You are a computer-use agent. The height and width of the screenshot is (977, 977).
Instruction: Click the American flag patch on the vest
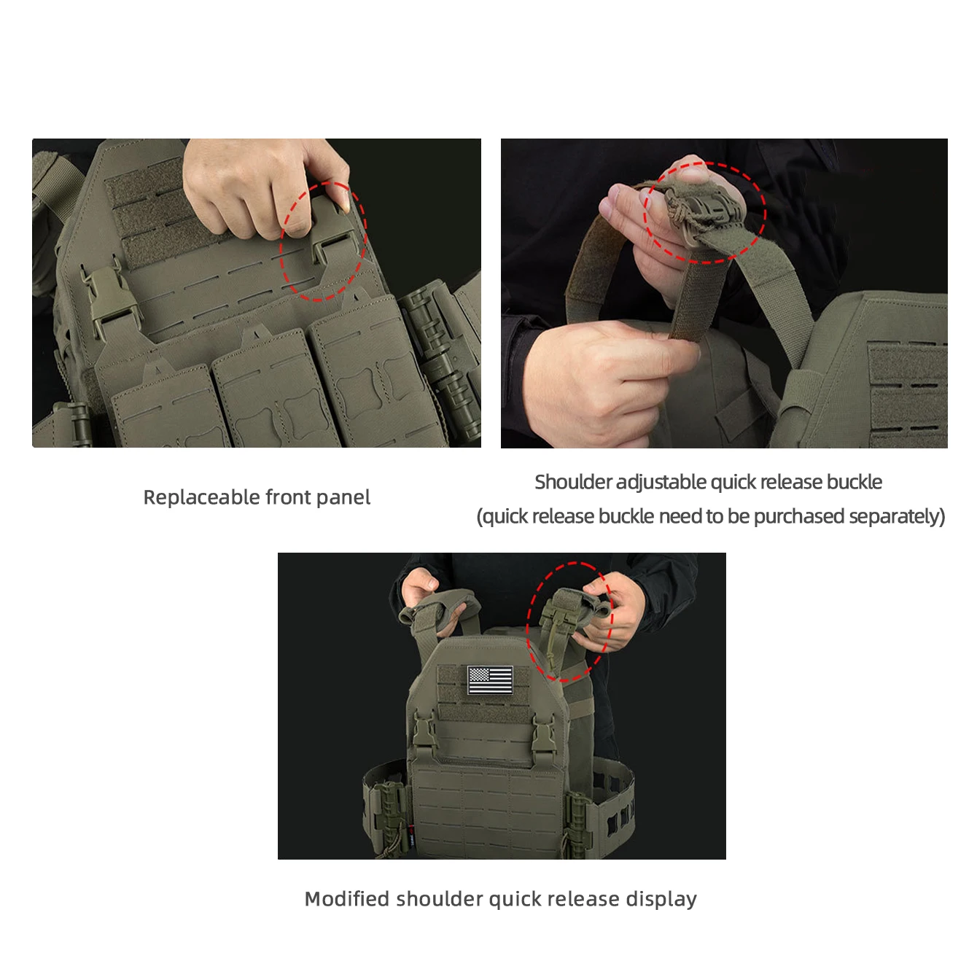click(490, 680)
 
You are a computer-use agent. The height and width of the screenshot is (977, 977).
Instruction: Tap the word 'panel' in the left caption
click(343, 497)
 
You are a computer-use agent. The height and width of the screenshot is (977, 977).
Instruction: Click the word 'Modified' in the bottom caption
click(347, 899)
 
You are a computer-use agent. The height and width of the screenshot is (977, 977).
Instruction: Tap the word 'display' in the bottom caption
click(661, 900)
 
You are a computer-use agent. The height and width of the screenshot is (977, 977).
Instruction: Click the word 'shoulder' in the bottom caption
click(440, 899)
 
